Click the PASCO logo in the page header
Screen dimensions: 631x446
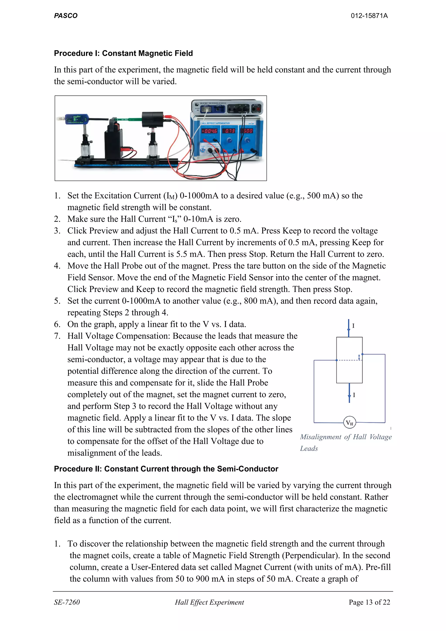click(x=66, y=16)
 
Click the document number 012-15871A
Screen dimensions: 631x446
click(x=369, y=16)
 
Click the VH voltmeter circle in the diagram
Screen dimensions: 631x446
click(x=350, y=423)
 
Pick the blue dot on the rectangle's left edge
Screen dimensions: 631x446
click(x=337, y=360)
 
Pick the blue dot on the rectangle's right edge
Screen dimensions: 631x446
click(x=362, y=354)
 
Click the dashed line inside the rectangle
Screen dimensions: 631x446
click(x=348, y=360)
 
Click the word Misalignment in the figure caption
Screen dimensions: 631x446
click(x=320, y=437)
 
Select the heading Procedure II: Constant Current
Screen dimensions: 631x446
click(x=166, y=469)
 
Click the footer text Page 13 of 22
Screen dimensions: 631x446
click(x=369, y=602)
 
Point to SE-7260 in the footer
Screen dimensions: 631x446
click(x=67, y=602)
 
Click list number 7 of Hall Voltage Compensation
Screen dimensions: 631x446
click(x=57, y=336)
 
